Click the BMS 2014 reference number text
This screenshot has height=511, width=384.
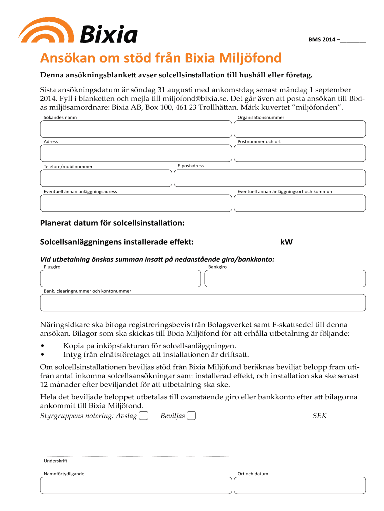[x=337, y=39]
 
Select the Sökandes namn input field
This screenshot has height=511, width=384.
[x=136, y=129]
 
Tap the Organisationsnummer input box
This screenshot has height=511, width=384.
[x=299, y=129]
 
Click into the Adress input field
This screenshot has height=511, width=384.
[x=136, y=153]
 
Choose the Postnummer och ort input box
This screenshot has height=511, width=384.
[x=299, y=153]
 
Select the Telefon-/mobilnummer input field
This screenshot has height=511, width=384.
[x=105, y=178]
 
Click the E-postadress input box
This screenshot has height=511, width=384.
[x=269, y=178]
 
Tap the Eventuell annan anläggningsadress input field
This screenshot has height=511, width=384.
[x=136, y=203]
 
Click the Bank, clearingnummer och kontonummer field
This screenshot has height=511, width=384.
[x=202, y=303]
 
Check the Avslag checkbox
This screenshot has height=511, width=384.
[x=144, y=416]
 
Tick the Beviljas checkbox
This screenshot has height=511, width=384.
[x=191, y=416]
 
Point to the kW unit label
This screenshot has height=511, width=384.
[x=286, y=242]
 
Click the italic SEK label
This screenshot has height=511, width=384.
[x=319, y=416]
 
